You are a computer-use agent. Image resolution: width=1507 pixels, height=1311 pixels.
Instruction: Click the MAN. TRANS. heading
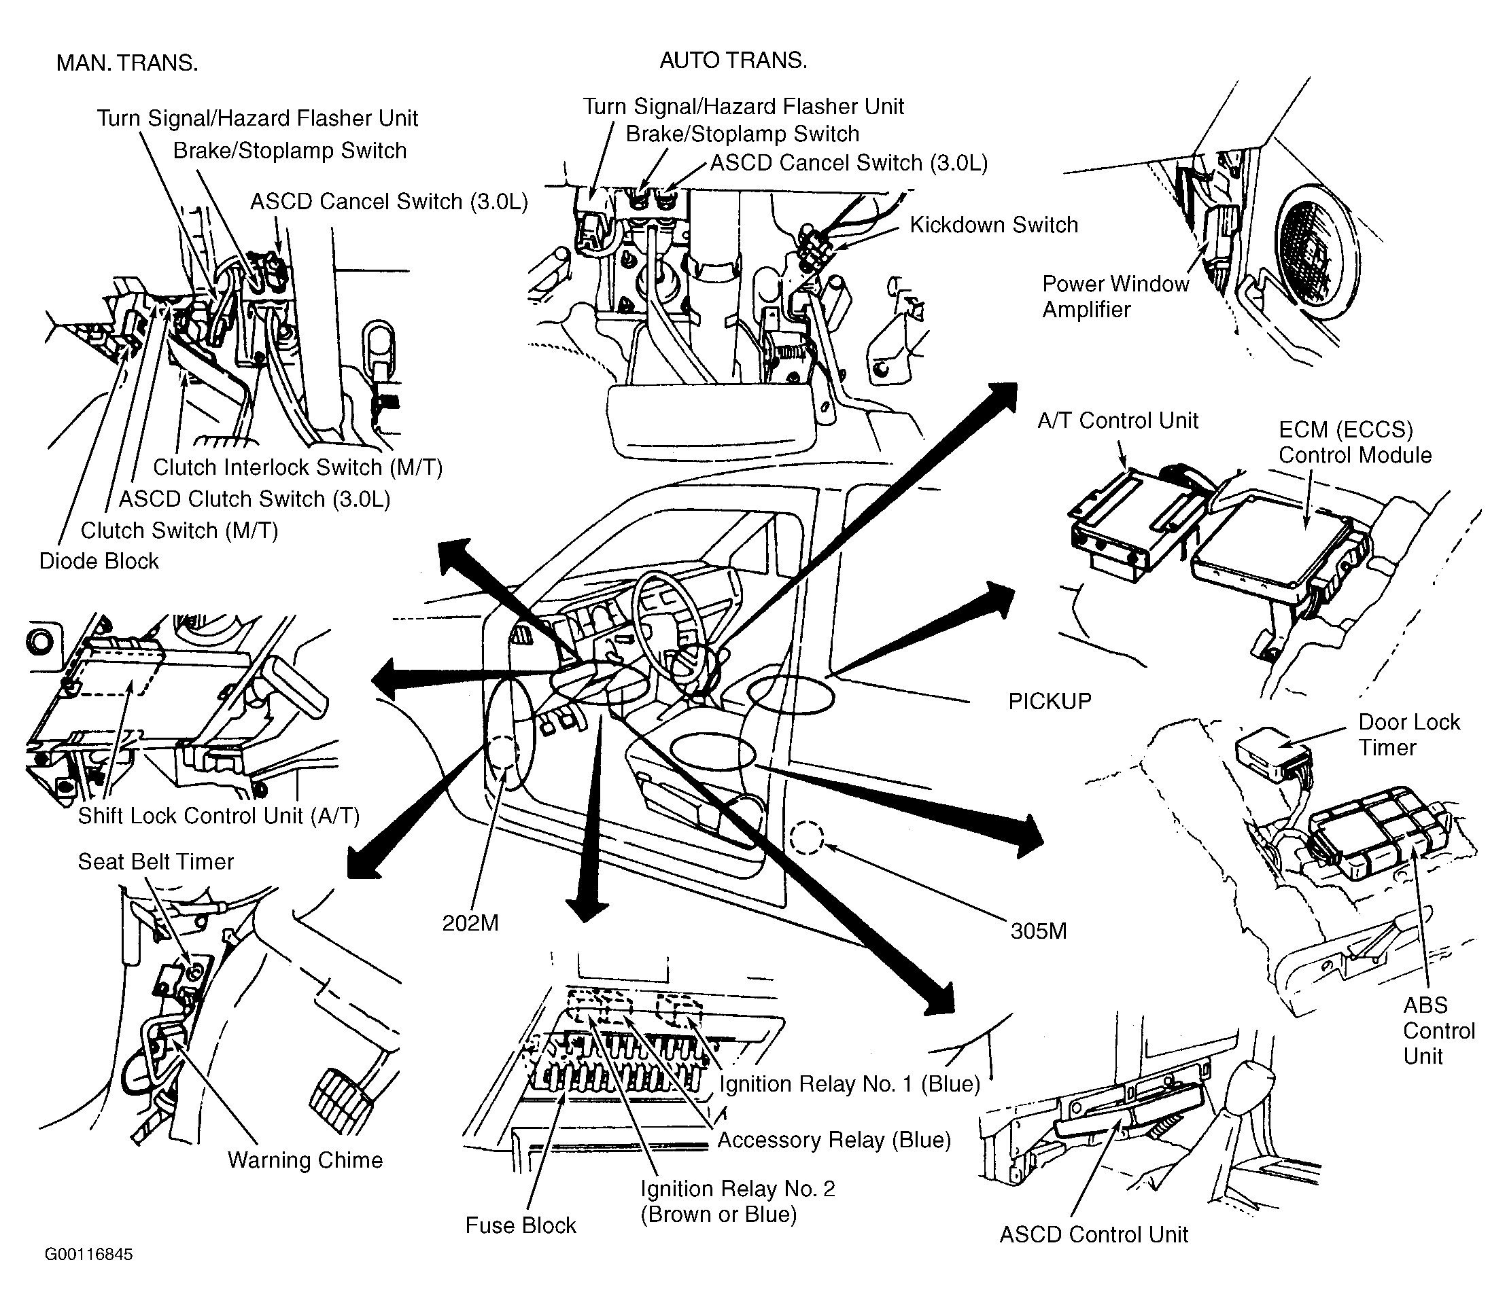pos(126,63)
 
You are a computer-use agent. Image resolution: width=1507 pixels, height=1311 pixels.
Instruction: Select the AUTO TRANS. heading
pos(733,60)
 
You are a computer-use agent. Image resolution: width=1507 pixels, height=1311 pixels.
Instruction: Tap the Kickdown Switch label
pos(994,225)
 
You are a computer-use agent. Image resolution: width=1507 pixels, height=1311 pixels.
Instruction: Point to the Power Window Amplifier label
pos(1115,296)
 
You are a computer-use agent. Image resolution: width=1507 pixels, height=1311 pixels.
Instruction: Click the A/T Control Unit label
pos(1118,420)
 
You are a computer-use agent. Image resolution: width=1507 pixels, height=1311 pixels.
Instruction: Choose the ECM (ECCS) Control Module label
pos(1355,442)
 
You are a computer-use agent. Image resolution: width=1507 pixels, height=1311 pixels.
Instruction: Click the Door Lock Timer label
pos(1409,734)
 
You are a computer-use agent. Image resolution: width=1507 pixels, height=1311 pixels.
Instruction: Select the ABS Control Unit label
pos(1439,1031)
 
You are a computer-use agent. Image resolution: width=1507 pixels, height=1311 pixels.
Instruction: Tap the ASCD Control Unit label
pos(1094,1235)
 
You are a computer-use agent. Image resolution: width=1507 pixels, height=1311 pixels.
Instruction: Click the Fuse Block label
pos(521,1225)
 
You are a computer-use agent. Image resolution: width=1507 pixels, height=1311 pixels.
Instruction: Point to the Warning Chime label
pos(305,1160)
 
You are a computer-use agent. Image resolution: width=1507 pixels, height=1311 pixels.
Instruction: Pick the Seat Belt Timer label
pos(156,862)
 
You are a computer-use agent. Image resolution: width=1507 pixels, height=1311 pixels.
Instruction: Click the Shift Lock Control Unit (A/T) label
pos(219,816)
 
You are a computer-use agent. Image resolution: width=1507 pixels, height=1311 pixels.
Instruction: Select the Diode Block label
pos(99,561)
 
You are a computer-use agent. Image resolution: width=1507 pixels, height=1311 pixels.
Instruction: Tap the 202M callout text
pos(470,923)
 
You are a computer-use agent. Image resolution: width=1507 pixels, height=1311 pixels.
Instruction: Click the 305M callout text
pos(1039,931)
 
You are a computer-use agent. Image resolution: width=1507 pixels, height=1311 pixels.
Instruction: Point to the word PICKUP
pos(1050,702)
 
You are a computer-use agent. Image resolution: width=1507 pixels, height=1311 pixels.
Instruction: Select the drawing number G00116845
pos(88,1255)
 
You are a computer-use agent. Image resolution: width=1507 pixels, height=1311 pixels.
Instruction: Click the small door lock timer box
pos(1272,752)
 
